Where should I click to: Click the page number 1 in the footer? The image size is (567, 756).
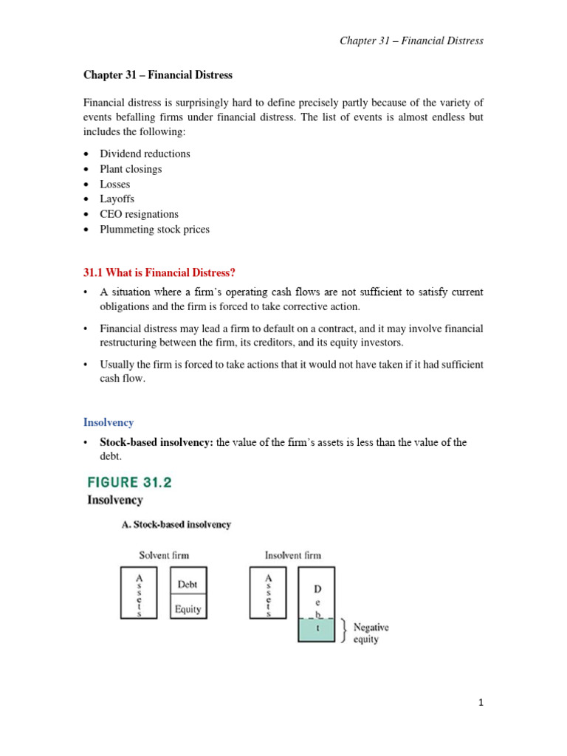coord(480,704)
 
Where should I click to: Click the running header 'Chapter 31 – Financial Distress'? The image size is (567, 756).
coord(411,41)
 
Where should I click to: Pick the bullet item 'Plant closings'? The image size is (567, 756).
coord(131,169)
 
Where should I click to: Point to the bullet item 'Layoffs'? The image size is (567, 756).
coord(117,199)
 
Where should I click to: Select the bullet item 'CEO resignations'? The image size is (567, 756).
coord(139,214)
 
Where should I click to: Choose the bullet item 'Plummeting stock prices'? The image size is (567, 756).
coord(154,230)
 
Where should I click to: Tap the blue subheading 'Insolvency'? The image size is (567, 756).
coord(109,422)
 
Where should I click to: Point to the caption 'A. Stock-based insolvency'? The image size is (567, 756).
coord(176,525)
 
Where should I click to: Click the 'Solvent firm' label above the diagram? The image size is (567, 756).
coord(164,555)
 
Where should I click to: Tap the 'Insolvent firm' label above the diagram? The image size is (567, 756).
coord(292,555)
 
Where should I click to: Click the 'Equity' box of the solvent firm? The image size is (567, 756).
coord(188,610)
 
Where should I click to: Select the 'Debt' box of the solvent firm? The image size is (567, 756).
coord(188,584)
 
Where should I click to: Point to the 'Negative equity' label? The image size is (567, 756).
coord(371,633)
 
